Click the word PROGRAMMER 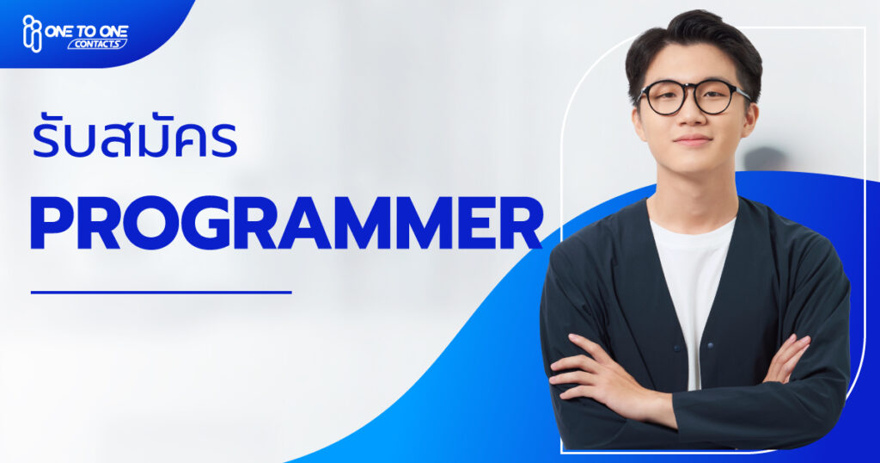point(286,223)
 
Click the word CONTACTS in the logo point(97,45)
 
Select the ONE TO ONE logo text point(87,31)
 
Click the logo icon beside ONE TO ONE point(32,34)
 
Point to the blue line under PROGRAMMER point(161,293)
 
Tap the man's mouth point(693,139)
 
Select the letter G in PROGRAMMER point(208,223)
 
